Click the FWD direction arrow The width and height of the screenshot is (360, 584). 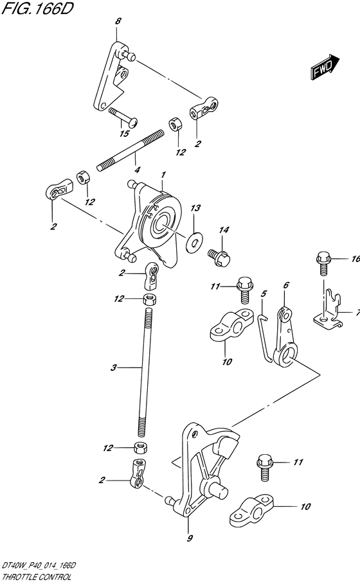(x=325, y=67)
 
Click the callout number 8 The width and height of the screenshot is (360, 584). (x=118, y=21)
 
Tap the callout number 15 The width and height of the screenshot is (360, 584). (x=124, y=134)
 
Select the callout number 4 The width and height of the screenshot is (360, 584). (x=138, y=170)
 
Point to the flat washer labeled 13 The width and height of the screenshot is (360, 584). (x=194, y=240)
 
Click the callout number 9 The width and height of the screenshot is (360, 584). (x=190, y=538)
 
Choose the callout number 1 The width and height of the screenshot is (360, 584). (x=163, y=174)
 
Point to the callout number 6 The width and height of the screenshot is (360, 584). (x=286, y=285)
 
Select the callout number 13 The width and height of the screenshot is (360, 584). (x=195, y=208)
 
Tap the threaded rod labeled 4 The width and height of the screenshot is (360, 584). (x=130, y=150)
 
